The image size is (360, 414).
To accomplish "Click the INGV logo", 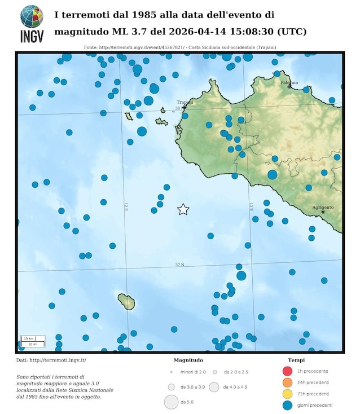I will [x=32, y=24].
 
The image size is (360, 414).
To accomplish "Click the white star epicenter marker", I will [x=183, y=209].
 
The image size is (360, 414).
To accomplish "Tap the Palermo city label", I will [x=289, y=83].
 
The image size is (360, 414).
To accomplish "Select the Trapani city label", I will [x=185, y=102].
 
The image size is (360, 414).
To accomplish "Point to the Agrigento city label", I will [x=323, y=208].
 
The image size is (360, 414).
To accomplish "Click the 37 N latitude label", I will [x=179, y=265].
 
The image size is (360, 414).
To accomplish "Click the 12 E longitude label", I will [x=126, y=207].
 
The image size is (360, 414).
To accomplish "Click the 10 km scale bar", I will [x=29, y=338].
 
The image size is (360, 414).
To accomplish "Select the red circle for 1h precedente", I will [x=288, y=371].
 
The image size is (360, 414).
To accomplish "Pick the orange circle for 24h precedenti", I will [x=288, y=382].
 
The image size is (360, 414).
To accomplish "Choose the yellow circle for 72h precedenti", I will [x=288, y=394].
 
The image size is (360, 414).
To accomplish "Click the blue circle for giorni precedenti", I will [x=288, y=405].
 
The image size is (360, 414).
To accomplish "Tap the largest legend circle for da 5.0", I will [x=171, y=402].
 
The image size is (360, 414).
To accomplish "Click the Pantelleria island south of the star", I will [x=126, y=302].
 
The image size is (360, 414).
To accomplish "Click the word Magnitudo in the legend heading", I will [x=188, y=360].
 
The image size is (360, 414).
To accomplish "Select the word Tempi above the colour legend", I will [x=297, y=360].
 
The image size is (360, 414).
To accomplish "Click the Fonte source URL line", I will [x=179, y=47].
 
